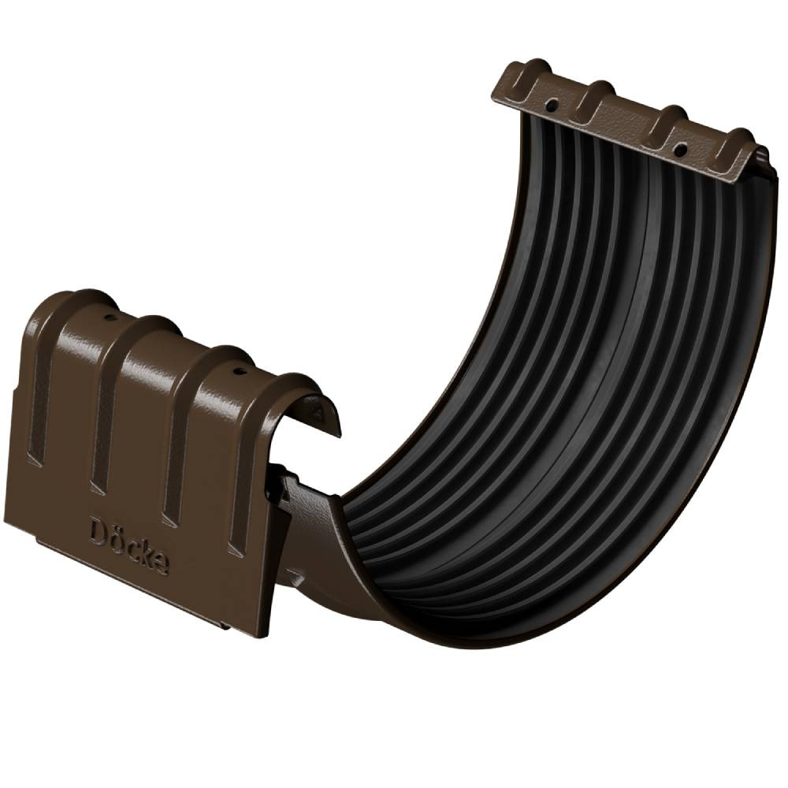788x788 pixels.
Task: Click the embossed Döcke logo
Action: click(x=129, y=547)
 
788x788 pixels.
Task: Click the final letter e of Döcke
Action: click(x=161, y=565)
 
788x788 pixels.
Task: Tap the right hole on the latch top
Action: click(x=237, y=373)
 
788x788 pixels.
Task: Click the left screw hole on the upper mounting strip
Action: click(x=552, y=106)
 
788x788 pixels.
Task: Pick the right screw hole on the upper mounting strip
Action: click(x=681, y=149)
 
